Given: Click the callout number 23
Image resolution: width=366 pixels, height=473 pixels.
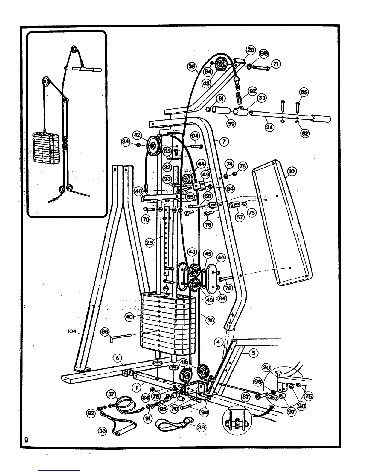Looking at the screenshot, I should pyautogui.click(x=251, y=50).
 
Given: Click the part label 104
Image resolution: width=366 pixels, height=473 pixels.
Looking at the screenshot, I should pyautogui.click(x=72, y=331).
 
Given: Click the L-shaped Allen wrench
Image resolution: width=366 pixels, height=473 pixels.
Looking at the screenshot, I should pyautogui.click(x=120, y=337).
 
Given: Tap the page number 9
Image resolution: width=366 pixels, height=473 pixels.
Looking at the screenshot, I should pyautogui.click(x=26, y=440).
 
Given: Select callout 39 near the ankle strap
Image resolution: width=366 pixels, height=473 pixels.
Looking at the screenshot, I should pyautogui.click(x=201, y=427).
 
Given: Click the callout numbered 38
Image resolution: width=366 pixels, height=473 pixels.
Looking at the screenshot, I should pyautogui.click(x=103, y=431).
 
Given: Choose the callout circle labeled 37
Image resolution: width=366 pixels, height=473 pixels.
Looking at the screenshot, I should pyautogui.click(x=111, y=394).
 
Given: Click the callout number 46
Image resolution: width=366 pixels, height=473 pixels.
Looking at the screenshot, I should pyautogui.click(x=221, y=257).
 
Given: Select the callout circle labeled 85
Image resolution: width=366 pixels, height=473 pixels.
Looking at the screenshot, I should pyautogui.click(x=304, y=92).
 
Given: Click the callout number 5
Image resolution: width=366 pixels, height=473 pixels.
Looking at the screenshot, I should pyautogui.click(x=253, y=353).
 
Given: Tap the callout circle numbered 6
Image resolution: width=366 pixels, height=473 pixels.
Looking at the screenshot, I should pyautogui.click(x=118, y=358).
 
